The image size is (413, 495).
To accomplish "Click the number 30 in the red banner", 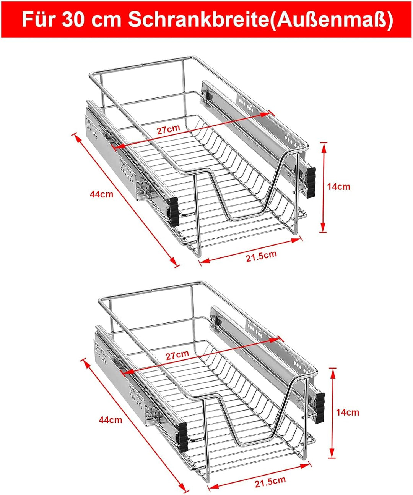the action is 72,19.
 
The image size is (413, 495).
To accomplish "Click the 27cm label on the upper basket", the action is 168,129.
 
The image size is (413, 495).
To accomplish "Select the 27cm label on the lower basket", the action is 177,355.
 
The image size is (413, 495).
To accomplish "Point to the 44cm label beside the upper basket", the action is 102,194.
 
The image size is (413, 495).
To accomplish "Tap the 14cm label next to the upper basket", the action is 339,186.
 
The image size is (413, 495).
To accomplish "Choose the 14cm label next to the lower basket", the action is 348,412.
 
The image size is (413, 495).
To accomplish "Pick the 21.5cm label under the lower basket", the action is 270,482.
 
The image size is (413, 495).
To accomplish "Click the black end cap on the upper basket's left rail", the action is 174,212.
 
